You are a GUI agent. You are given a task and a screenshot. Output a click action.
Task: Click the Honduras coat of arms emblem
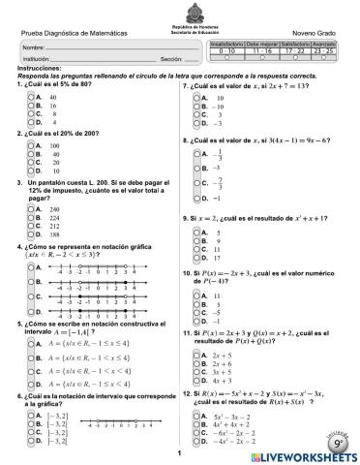pyautogui.click(x=180, y=8)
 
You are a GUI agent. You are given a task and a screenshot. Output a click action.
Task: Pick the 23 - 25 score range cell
pyautogui.click(x=324, y=51)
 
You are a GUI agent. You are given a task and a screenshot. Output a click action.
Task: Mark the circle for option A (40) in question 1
pyautogui.click(x=29, y=98)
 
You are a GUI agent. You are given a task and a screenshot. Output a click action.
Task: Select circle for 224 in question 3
pyautogui.click(x=29, y=218)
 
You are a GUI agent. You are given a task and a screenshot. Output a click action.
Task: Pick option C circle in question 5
pyautogui.click(x=29, y=369)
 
